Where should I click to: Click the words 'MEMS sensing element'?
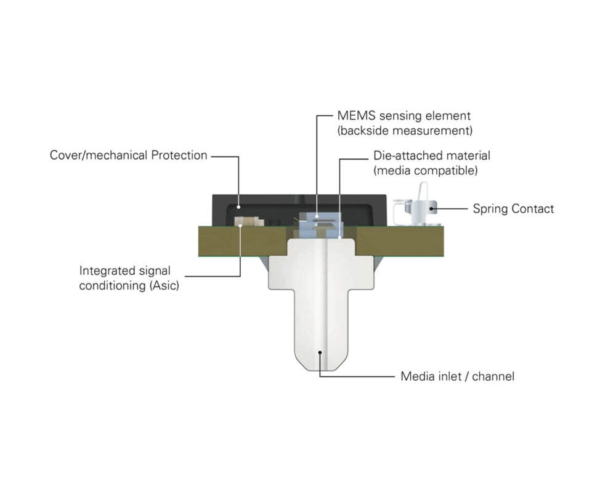(403, 116)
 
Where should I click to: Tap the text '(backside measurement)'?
(404, 131)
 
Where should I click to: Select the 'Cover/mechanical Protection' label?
(128, 155)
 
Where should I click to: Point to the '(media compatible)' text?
(425, 170)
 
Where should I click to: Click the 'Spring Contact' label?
(513, 209)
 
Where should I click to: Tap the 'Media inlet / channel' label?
(457, 376)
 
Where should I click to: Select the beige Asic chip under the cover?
(241, 221)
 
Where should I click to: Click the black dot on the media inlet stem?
(319, 352)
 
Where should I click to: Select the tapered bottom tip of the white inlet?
(319, 364)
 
